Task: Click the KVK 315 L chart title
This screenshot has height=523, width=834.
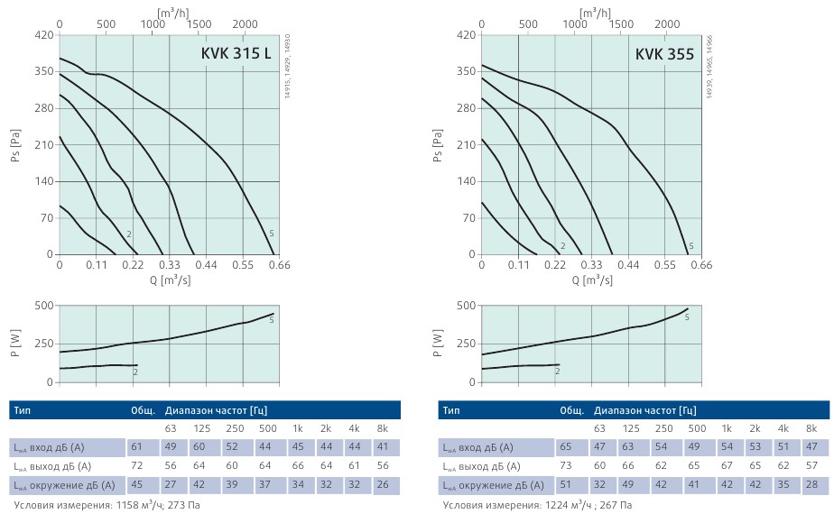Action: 236,53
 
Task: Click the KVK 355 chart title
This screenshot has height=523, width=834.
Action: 664,53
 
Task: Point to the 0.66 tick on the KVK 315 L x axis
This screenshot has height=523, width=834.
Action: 280,266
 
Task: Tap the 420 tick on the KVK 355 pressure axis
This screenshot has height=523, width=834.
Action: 466,35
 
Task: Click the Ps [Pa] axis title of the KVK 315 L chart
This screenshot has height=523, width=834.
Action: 14,145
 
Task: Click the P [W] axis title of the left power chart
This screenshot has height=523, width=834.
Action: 14,343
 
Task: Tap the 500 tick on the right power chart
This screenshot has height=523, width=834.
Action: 466,306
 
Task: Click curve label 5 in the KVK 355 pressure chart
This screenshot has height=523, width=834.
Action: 691,246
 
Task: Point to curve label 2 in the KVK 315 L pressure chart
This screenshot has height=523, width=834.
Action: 129,234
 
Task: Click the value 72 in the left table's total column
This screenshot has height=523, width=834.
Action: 136,466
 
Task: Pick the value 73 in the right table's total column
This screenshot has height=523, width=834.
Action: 565,466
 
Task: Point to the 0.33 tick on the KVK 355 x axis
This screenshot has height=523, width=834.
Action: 591,266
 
